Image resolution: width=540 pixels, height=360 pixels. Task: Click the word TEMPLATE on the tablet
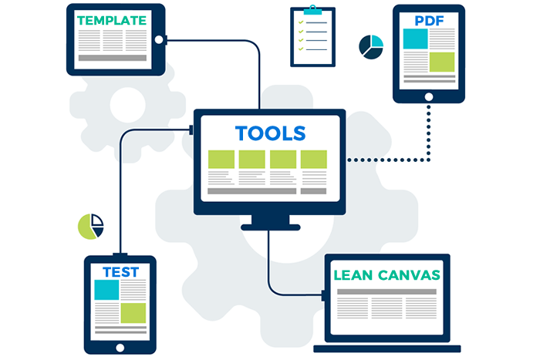(x=112, y=20)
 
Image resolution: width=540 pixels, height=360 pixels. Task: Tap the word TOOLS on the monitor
(x=270, y=133)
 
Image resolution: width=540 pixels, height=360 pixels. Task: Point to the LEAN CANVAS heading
(x=387, y=274)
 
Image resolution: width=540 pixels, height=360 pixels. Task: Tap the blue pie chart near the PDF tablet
(x=371, y=46)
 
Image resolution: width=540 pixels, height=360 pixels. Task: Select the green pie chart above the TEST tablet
(x=90, y=226)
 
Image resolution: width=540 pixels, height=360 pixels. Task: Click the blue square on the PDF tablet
(x=415, y=38)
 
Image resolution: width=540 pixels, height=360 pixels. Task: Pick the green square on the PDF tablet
(x=441, y=62)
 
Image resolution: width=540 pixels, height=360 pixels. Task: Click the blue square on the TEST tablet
(x=106, y=289)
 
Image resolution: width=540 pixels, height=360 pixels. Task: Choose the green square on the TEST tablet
(x=133, y=312)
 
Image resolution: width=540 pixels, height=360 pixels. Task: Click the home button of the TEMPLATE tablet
(x=159, y=40)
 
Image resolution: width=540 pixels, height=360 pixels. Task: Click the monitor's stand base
(x=270, y=227)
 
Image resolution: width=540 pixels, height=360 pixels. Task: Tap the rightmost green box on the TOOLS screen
(x=314, y=159)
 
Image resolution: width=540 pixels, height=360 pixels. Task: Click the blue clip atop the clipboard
(x=312, y=10)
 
